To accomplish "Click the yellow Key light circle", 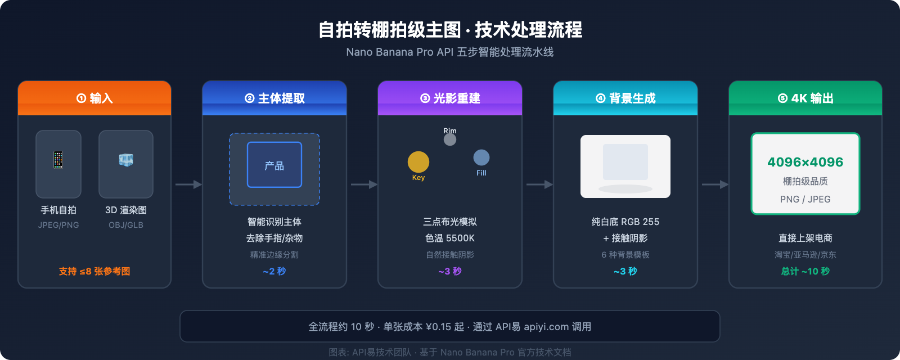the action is click(418, 162).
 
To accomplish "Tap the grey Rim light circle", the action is click(450, 139).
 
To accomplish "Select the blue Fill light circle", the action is click(481, 157).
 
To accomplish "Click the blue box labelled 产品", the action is click(274, 165).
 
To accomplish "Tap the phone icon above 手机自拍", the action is click(58, 160).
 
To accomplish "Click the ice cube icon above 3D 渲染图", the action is click(126, 160).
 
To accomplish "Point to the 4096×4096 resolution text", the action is click(805, 163).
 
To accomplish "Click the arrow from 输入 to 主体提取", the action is click(188, 184).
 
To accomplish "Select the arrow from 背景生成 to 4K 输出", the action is click(715, 184).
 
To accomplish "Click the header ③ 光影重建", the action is click(450, 98).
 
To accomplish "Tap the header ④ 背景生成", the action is click(625, 98).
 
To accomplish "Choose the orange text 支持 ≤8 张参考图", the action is click(94, 272).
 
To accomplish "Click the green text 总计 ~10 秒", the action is click(805, 272).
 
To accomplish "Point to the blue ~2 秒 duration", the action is click(274, 272).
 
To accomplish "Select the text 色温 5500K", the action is click(450, 238).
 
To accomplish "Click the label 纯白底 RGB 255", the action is click(625, 222).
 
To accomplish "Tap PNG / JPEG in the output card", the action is click(805, 200).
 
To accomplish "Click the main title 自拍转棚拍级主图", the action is click(389, 30).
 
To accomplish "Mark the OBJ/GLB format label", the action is click(126, 225).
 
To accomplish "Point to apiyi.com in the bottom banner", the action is click(546, 327).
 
